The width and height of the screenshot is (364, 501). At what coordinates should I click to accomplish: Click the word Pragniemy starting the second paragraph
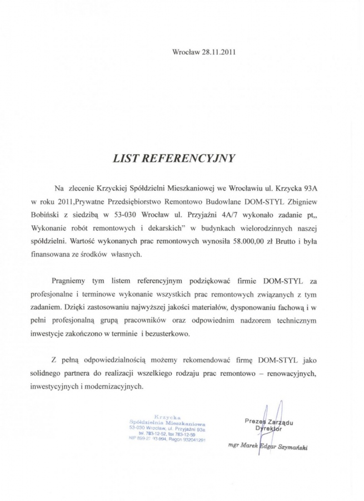[71, 281]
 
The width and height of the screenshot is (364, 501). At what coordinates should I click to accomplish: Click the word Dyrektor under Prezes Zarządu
[269, 429]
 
